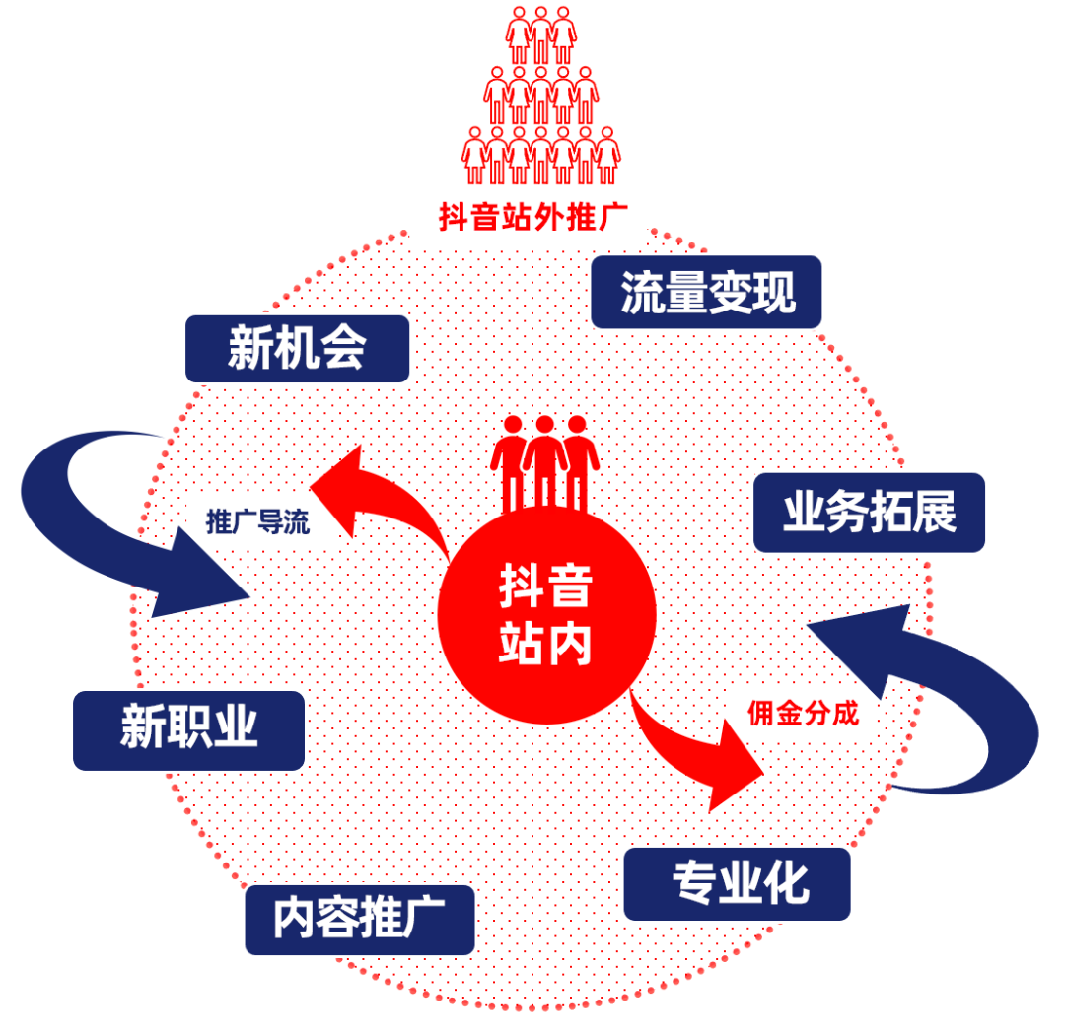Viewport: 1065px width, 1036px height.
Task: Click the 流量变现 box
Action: click(x=706, y=292)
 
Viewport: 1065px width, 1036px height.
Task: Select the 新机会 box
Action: click(x=297, y=348)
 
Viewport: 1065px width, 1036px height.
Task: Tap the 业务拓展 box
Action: click(x=869, y=513)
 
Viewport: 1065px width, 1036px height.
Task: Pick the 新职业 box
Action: click(x=188, y=729)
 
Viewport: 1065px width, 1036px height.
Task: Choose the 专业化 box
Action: click(x=737, y=884)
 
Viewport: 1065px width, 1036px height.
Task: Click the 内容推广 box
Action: click(x=359, y=919)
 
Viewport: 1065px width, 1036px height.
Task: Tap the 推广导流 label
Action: click(x=257, y=522)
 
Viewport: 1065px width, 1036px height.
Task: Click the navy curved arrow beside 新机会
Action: click(x=118, y=513)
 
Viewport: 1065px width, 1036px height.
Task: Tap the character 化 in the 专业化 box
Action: click(x=788, y=884)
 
